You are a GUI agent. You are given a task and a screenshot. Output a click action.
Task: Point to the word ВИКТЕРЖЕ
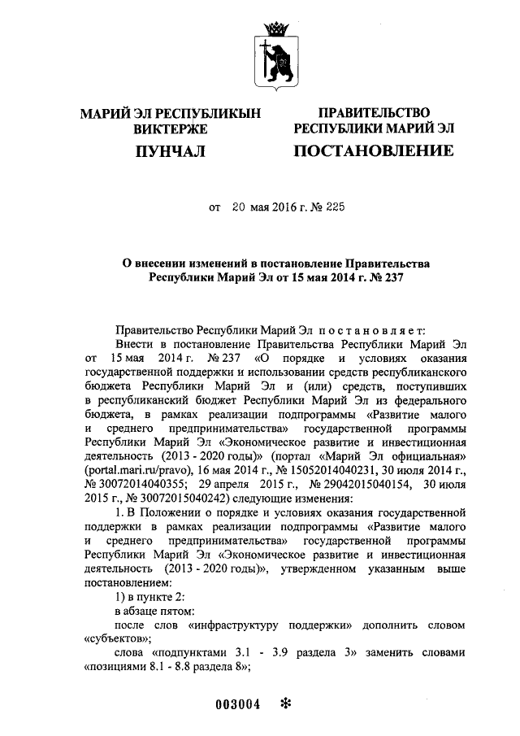(170, 128)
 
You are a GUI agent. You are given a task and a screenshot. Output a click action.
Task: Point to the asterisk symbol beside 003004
(284, 703)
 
